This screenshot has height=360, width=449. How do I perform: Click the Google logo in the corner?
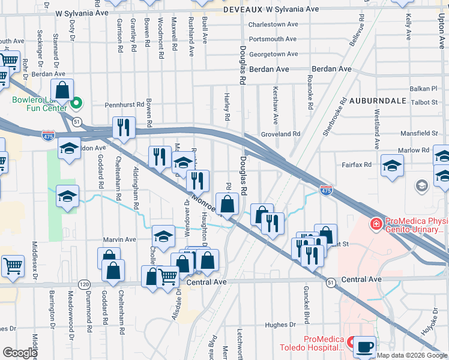tap(20, 353)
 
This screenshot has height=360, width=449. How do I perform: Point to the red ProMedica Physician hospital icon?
tap(376, 225)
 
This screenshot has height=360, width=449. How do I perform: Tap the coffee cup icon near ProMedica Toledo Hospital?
tap(364, 346)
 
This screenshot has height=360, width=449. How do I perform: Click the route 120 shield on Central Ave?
tap(84, 283)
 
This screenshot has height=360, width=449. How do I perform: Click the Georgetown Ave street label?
tap(273, 53)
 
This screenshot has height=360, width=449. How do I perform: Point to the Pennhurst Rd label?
tap(124, 104)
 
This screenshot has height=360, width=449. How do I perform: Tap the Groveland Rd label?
tap(280, 134)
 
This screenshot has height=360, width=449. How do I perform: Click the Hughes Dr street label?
tap(280, 325)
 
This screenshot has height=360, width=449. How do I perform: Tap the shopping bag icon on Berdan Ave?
tap(62, 90)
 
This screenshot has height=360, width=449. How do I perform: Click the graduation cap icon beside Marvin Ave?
tap(163, 235)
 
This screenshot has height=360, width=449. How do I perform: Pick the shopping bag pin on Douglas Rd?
tap(227, 203)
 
